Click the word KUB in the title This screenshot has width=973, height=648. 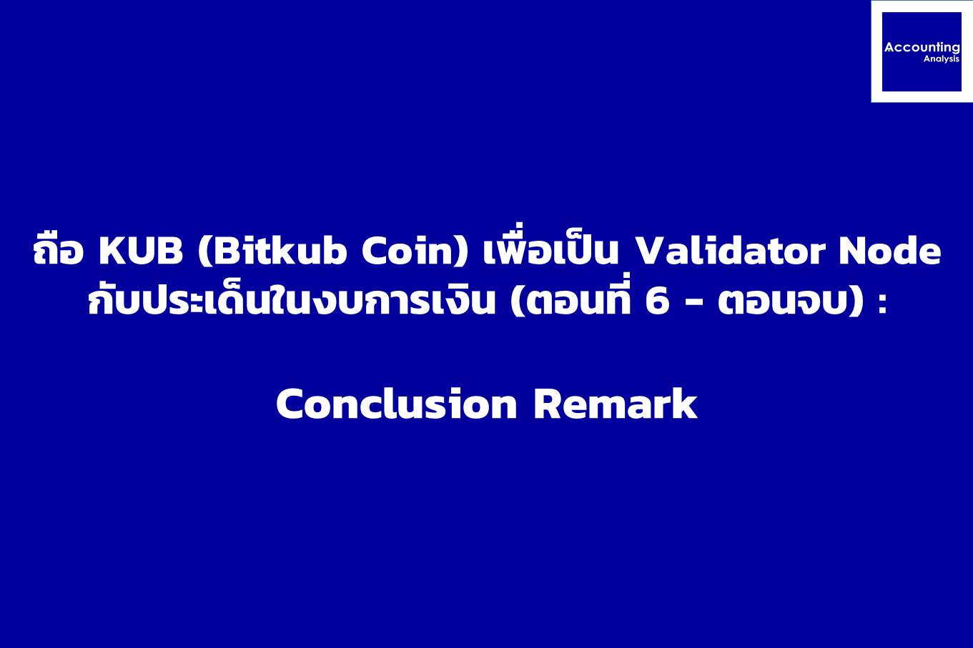(141, 251)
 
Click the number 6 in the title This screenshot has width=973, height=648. (657, 301)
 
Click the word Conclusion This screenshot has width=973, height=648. (396, 404)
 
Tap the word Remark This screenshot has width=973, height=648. (616, 404)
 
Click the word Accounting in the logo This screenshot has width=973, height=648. (922, 48)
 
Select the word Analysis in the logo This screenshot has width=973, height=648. (942, 59)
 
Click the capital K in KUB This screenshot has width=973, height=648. (112, 251)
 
